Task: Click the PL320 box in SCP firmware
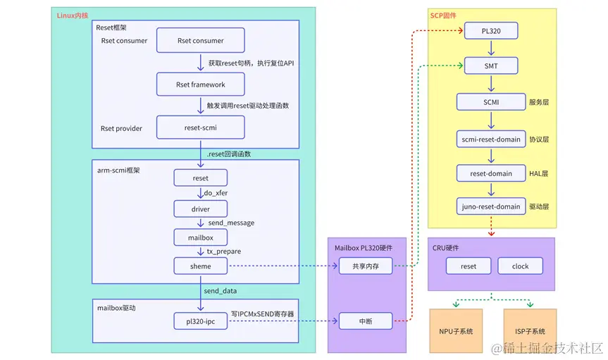491,30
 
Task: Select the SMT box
491,66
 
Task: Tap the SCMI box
491,101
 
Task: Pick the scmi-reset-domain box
491,139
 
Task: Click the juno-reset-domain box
491,206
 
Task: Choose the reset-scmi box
200,128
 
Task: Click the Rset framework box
200,85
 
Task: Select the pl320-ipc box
200,321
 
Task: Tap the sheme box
200,266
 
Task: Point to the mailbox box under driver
200,237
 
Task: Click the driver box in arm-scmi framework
200,209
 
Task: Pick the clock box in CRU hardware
521,266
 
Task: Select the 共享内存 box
364,266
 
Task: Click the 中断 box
364,321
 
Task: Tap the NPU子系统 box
456,331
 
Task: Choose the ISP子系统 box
529,331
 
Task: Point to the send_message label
231,223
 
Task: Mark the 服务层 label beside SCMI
539,102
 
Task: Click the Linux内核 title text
73,15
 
